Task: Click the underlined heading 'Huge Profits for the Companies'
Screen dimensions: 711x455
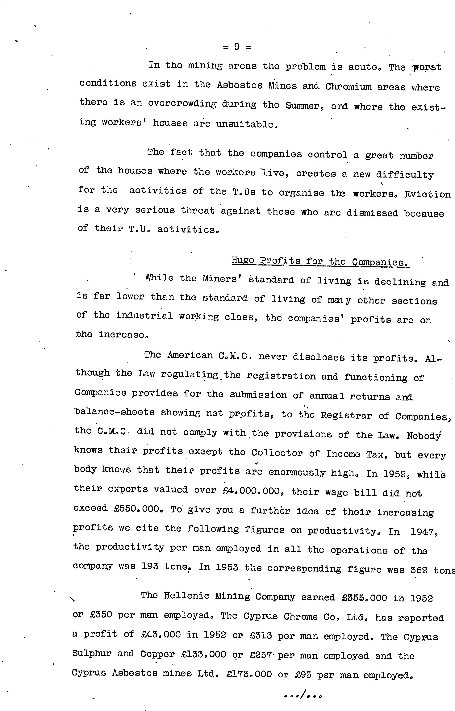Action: [x=320, y=262]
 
